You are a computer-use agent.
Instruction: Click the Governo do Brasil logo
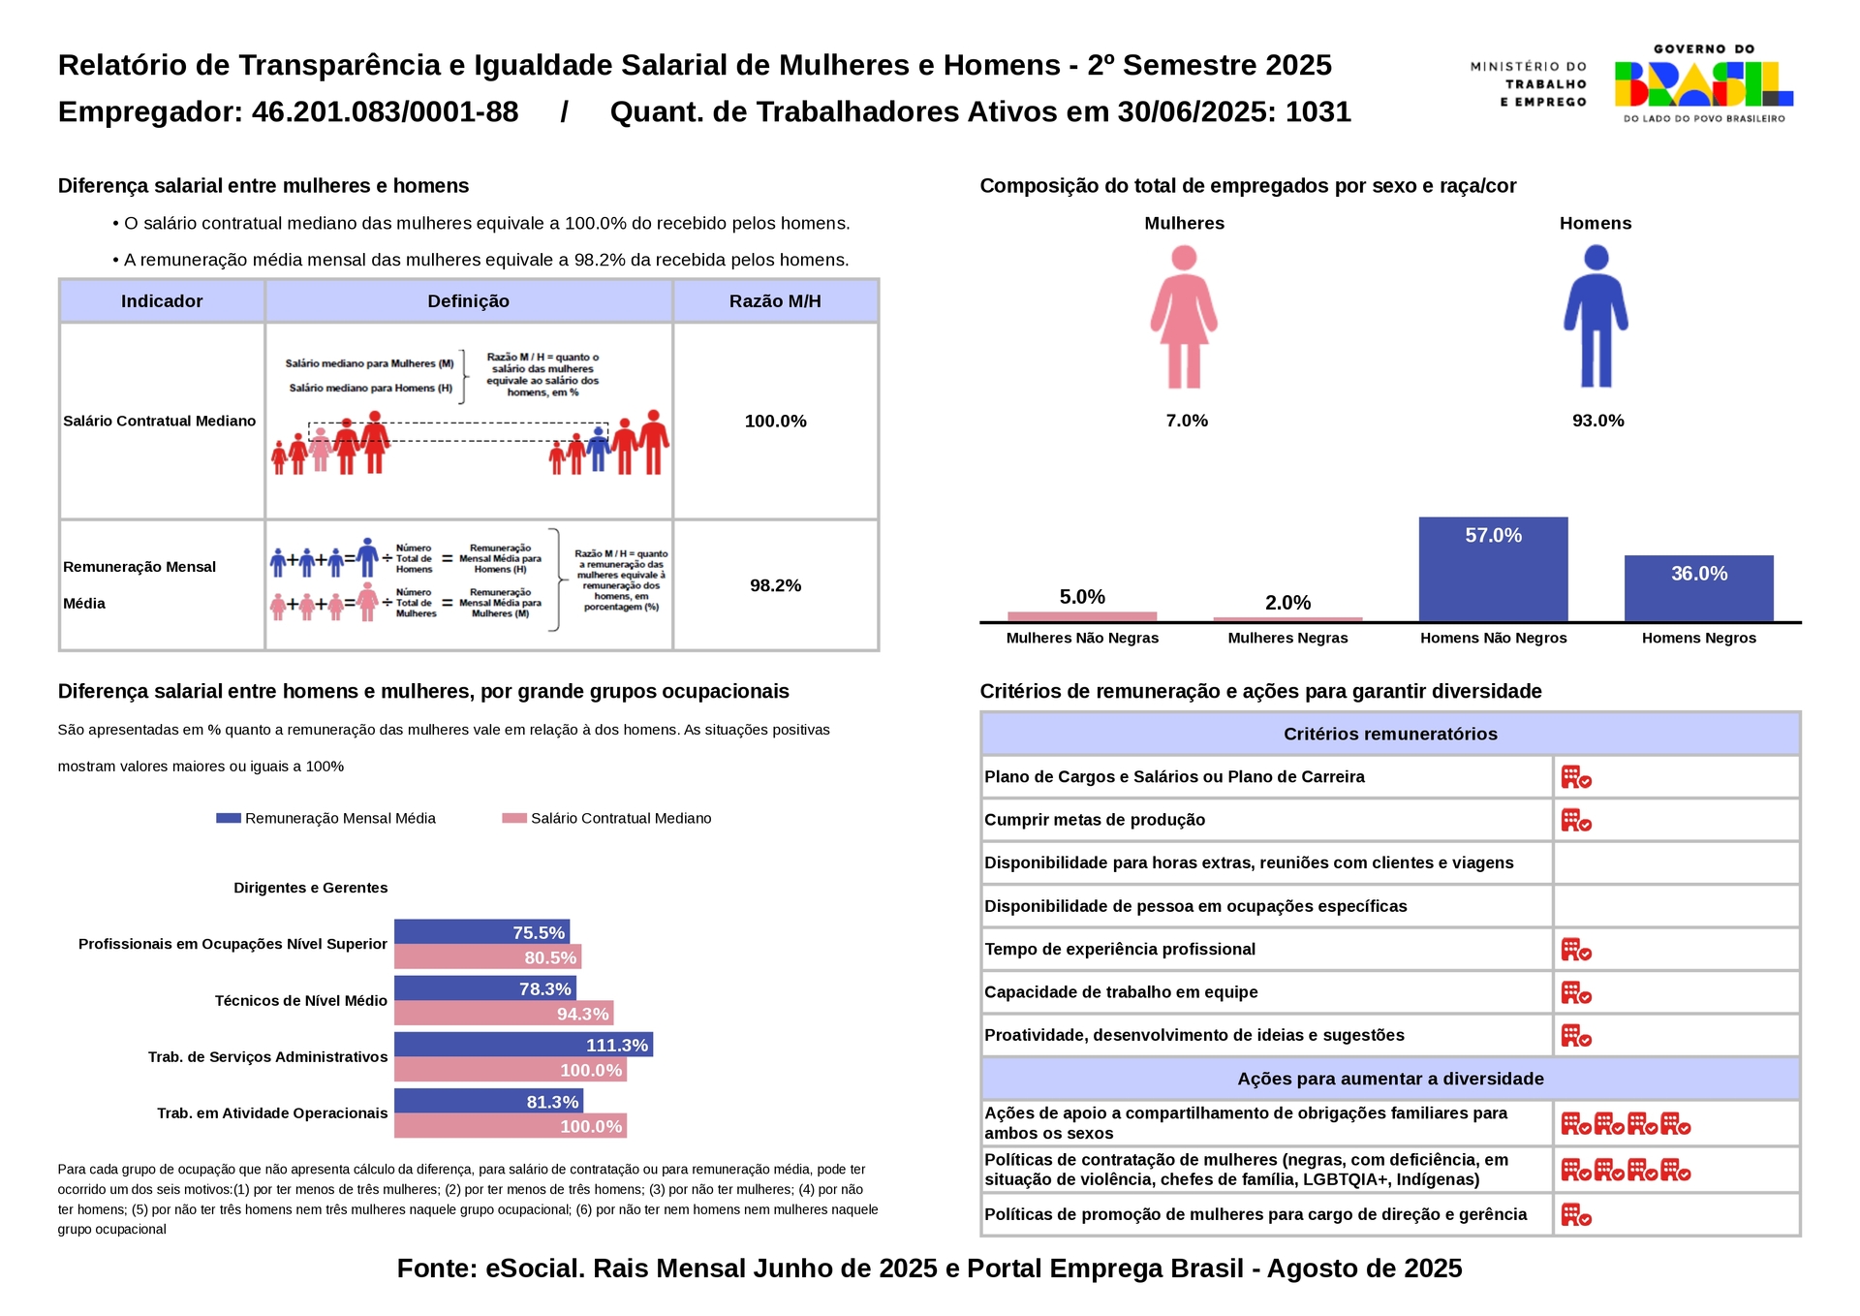tap(1703, 83)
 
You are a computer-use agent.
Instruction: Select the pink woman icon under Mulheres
tap(1184, 316)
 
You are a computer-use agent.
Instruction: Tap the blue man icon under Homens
tap(1596, 316)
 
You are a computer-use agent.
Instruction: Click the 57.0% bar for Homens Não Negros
tap(1493, 569)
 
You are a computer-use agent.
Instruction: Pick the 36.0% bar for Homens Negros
tap(1698, 588)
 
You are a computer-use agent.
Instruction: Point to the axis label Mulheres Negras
tap(1287, 638)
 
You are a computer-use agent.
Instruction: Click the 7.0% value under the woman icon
tap(1187, 421)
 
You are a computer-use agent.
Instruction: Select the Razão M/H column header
tap(775, 301)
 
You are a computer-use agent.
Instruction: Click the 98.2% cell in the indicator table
tap(775, 585)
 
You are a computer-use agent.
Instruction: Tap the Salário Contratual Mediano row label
tap(160, 421)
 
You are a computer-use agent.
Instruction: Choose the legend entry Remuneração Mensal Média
tap(340, 818)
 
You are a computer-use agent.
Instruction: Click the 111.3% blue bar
tap(523, 1045)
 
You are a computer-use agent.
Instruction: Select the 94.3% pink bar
tap(504, 1014)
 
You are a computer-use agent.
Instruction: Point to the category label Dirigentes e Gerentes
tap(310, 888)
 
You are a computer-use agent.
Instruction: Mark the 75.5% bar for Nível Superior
tap(481, 932)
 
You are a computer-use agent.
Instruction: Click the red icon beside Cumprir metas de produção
tap(1576, 821)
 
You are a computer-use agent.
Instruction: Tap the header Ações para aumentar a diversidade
tap(1390, 1079)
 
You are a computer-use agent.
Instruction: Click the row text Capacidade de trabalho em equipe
tap(1121, 992)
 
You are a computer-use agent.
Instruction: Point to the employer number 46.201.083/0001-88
tap(385, 112)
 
